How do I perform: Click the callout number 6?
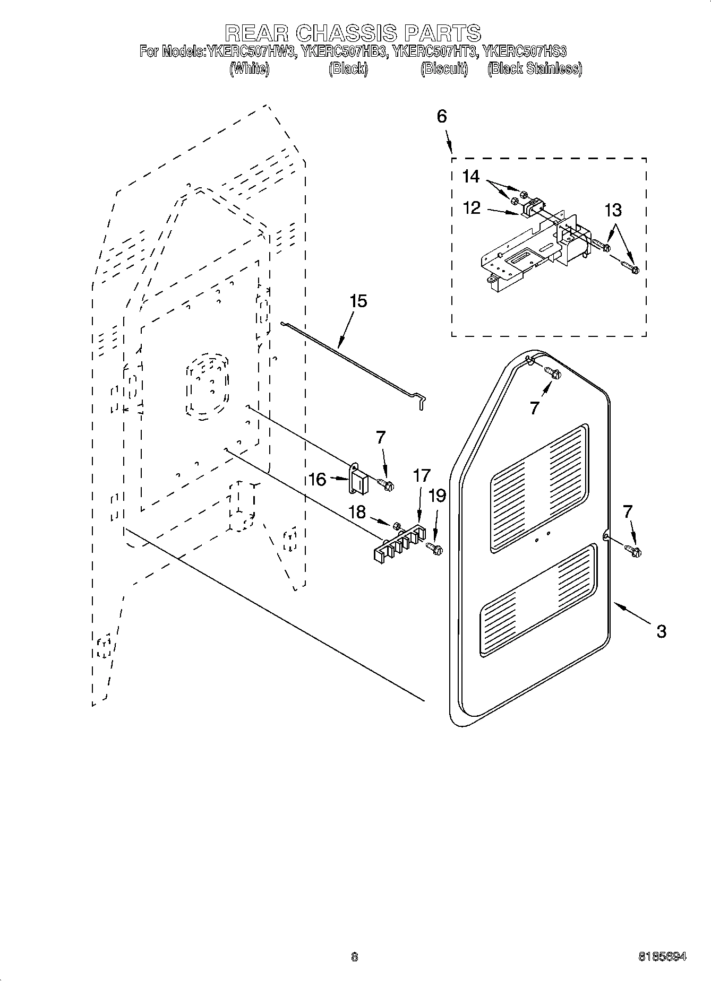[x=442, y=117]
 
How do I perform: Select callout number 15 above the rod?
[x=358, y=302]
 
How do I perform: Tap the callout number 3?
[x=661, y=631]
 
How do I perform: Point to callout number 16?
[x=317, y=480]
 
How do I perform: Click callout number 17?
[x=422, y=476]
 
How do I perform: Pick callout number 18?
[x=357, y=512]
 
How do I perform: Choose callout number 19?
[x=438, y=496]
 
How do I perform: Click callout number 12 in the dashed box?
[x=472, y=207]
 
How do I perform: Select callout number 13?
[x=613, y=210]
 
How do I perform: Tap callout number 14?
[x=470, y=176]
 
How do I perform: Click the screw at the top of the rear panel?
[x=553, y=374]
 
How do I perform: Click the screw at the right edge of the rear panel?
[x=633, y=551]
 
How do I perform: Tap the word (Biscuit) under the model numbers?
[x=444, y=69]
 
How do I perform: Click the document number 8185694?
[x=662, y=957]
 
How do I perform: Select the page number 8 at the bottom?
[x=355, y=957]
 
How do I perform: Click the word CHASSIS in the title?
[x=346, y=33]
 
